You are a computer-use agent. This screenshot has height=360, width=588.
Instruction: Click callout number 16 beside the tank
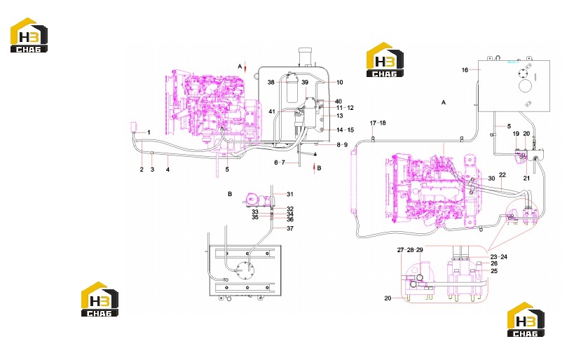465,70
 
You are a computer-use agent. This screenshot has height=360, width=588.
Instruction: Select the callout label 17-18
378,123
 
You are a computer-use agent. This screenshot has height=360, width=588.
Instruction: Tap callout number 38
271,83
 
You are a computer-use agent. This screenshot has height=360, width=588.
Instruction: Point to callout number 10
339,83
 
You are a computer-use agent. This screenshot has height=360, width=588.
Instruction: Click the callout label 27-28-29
410,250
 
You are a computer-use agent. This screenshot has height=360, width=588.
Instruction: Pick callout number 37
290,228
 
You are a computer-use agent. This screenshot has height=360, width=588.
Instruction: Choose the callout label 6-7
280,162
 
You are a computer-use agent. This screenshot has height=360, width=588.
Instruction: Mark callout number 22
502,175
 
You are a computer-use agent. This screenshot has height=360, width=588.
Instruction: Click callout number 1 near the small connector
149,132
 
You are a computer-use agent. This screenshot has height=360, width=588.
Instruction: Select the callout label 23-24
499,257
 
